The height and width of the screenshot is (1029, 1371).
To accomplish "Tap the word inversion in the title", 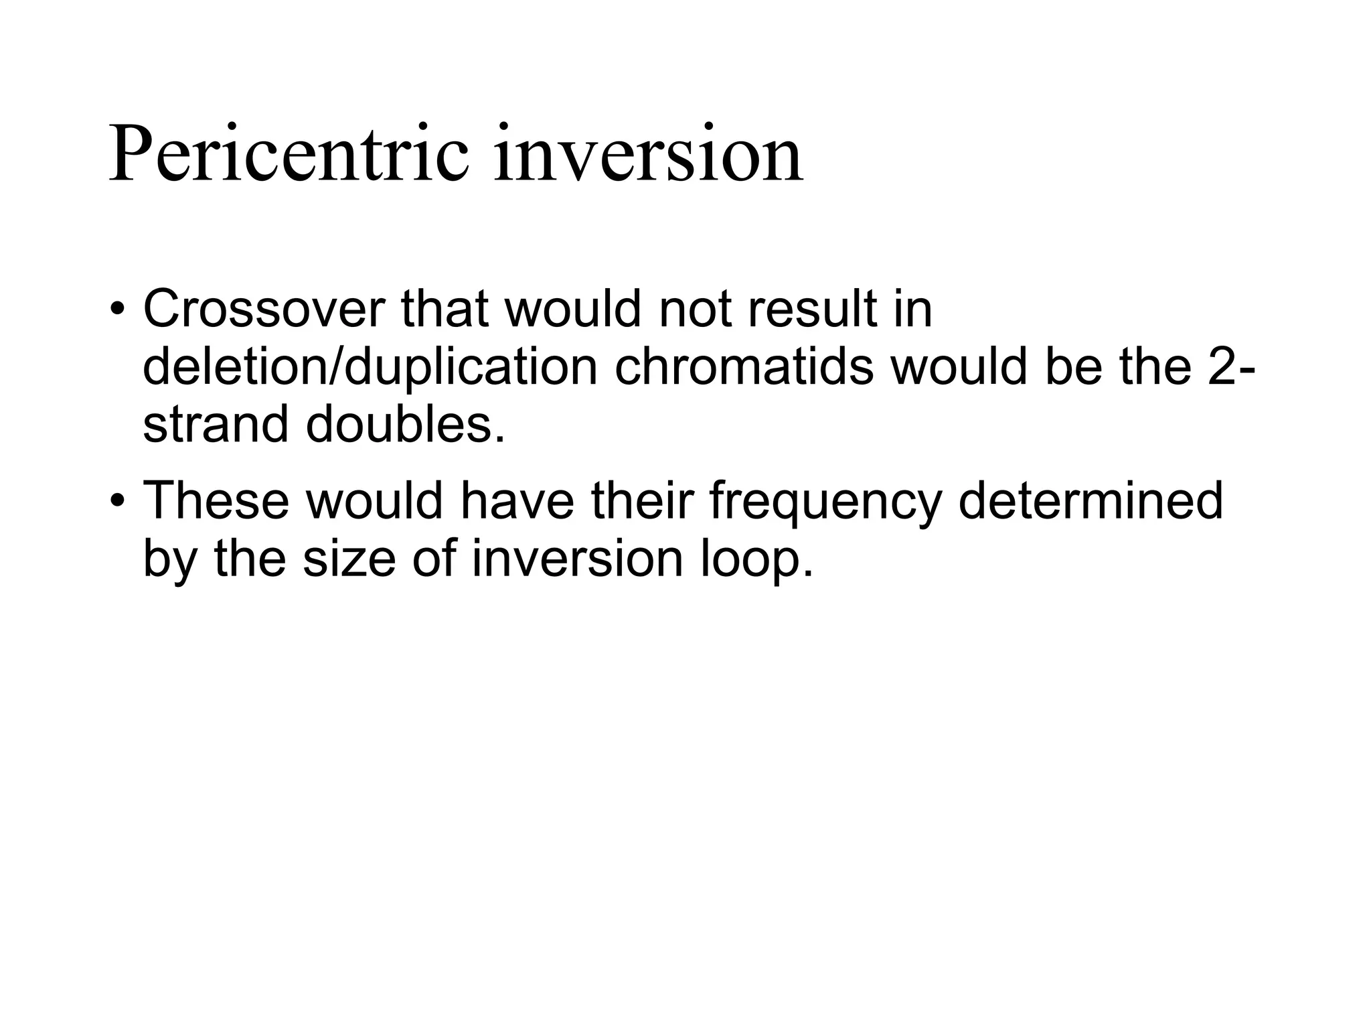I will (648, 155).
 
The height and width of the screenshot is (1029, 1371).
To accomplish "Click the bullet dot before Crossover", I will (118, 311).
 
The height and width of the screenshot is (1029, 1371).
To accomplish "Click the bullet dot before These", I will (118, 502).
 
